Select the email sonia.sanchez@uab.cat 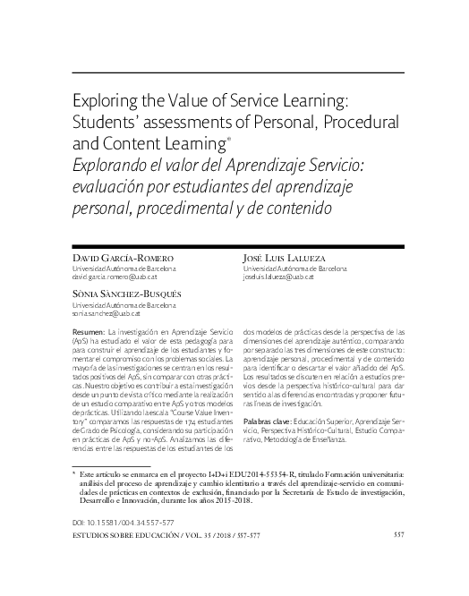point(113,314)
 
